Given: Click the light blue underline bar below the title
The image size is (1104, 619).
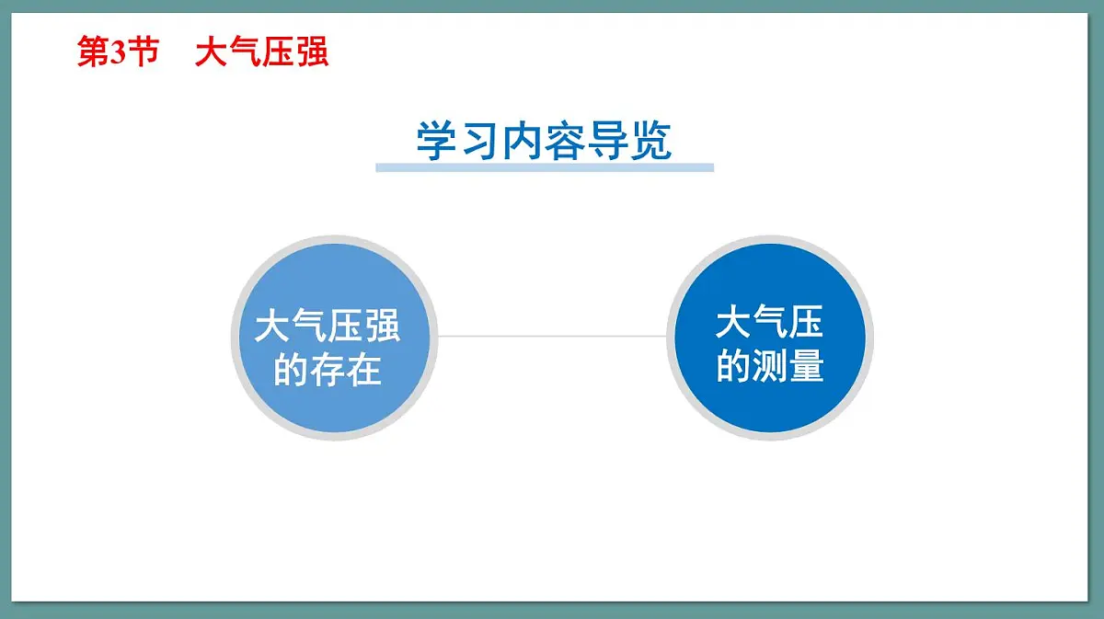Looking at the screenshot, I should [x=544, y=167].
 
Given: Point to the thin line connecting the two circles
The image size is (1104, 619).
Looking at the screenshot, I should [x=552, y=336].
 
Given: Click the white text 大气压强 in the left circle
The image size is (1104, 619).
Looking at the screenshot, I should [x=328, y=327].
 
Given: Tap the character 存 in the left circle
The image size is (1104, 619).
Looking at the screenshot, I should [x=328, y=372].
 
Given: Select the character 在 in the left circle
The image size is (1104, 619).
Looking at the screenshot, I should [x=363, y=372].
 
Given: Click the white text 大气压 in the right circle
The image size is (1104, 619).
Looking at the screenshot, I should [x=769, y=323].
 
